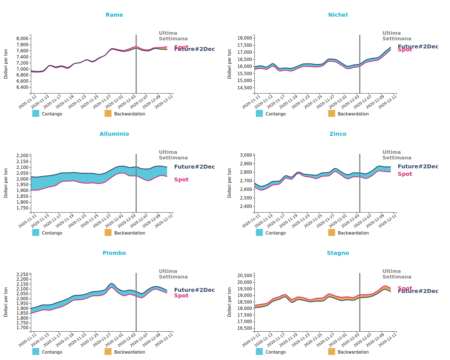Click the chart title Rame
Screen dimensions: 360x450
click(114, 15)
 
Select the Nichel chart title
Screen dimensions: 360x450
click(338, 15)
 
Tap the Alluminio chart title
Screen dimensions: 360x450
click(114, 134)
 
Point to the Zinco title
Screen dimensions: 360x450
click(338, 134)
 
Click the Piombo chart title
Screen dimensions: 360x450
click(114, 253)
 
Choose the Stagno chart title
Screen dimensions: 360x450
click(338, 253)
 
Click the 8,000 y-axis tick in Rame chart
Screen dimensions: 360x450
click(23, 39)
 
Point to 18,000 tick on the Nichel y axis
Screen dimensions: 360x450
click(245, 38)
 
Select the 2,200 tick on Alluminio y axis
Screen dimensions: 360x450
click(23, 156)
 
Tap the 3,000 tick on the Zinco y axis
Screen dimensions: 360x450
click(246, 155)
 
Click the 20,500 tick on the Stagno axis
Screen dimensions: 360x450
click(245, 276)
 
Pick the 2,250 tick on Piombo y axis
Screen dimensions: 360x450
click(23, 275)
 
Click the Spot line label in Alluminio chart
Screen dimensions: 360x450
click(181, 180)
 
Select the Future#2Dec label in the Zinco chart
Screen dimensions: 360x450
click(418, 167)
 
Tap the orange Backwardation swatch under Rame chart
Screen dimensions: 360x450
click(108, 114)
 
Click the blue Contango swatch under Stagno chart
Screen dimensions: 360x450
click(259, 352)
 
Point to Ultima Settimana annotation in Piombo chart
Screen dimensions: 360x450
click(173, 274)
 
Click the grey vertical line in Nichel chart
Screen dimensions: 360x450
click(360, 64)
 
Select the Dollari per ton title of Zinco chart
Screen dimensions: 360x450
click(229, 183)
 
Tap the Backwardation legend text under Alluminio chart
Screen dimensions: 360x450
click(130, 233)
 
